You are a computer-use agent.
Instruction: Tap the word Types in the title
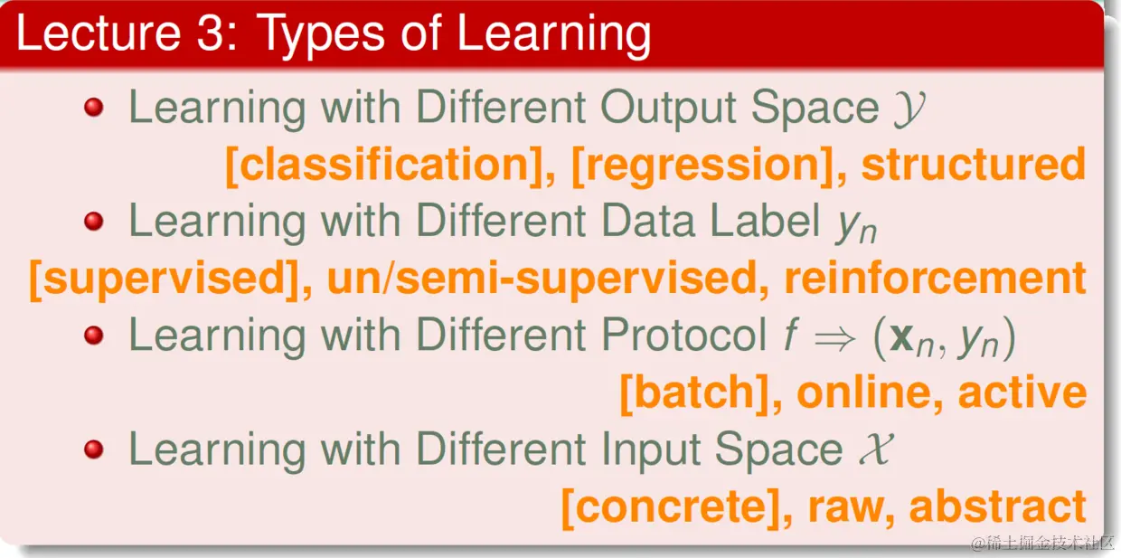coord(322,36)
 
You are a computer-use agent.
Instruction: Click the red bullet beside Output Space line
coord(94,107)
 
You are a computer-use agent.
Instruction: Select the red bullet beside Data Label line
coord(94,221)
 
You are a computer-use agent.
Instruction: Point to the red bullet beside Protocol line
coord(94,335)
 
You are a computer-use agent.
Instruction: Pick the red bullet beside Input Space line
coord(94,449)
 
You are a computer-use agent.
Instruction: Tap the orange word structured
coord(974,165)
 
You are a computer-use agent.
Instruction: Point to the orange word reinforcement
coord(936,278)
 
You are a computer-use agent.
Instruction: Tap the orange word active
coord(1022,392)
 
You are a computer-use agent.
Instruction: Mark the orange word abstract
coord(997,506)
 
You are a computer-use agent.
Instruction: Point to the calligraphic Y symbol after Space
coord(909,109)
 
